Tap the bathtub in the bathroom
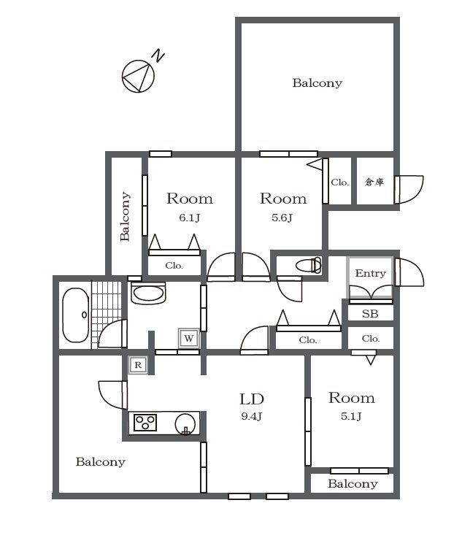point(75,315)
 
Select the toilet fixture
point(308,265)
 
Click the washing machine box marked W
point(188,338)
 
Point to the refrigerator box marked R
point(138,365)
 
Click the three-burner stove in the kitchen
point(145,423)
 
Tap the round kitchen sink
point(185,424)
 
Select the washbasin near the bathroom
point(148,293)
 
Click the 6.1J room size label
point(189,218)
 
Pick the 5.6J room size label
point(282,218)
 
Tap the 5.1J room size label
point(351,416)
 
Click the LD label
point(252,399)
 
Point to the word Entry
point(371,274)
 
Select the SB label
point(370,314)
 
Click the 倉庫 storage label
point(374,182)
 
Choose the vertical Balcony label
point(125,216)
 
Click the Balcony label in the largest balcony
point(317,83)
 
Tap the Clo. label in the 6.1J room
point(174,266)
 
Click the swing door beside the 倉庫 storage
point(409,190)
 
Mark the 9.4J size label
point(252,417)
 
